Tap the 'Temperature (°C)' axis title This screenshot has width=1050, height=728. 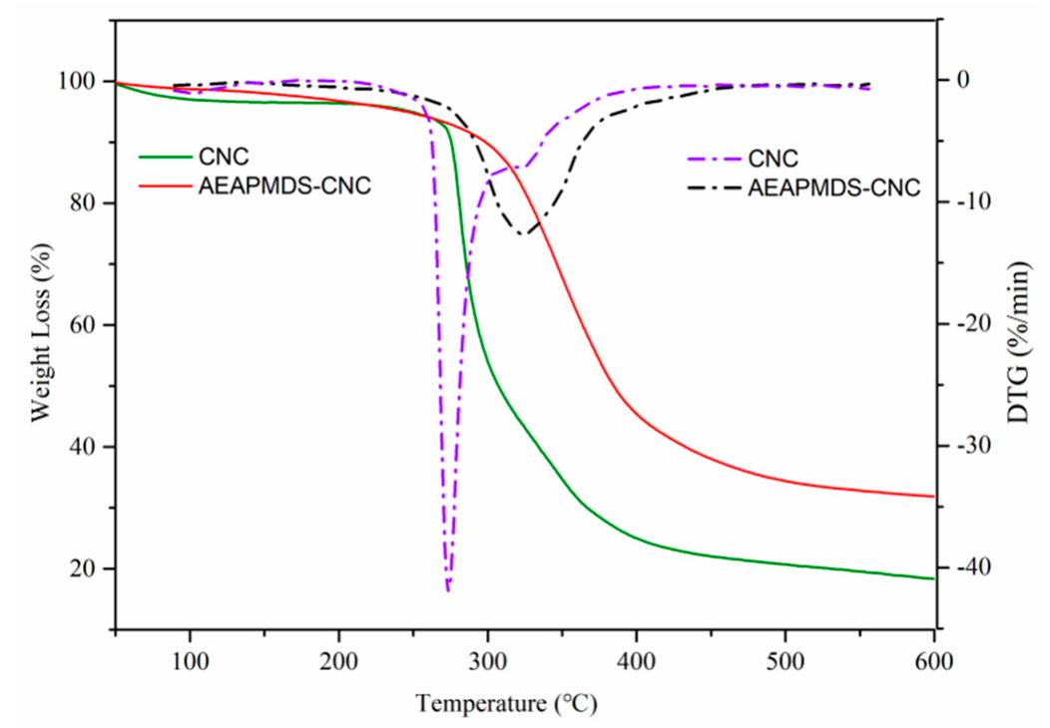(508, 705)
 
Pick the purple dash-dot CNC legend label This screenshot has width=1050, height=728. (774, 157)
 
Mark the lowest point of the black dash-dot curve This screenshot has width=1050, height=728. (524, 234)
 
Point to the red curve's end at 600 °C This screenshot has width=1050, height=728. (933, 496)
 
